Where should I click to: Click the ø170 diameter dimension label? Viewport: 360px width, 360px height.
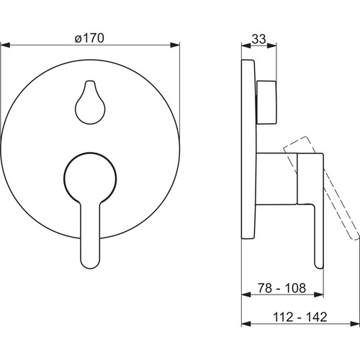coord(89,38)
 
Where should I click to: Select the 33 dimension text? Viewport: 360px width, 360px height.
coord(259,39)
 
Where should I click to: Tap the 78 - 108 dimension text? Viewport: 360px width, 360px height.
coord(282,288)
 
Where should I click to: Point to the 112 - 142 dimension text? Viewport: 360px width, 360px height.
coord(300,317)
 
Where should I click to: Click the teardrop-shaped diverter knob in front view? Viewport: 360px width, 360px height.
coord(90,102)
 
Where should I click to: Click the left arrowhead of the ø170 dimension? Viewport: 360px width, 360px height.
coord(5,45)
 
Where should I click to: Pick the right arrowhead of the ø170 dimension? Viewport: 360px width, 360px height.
coord(175,45)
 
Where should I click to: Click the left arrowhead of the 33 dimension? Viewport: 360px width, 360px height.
coord(246,45)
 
